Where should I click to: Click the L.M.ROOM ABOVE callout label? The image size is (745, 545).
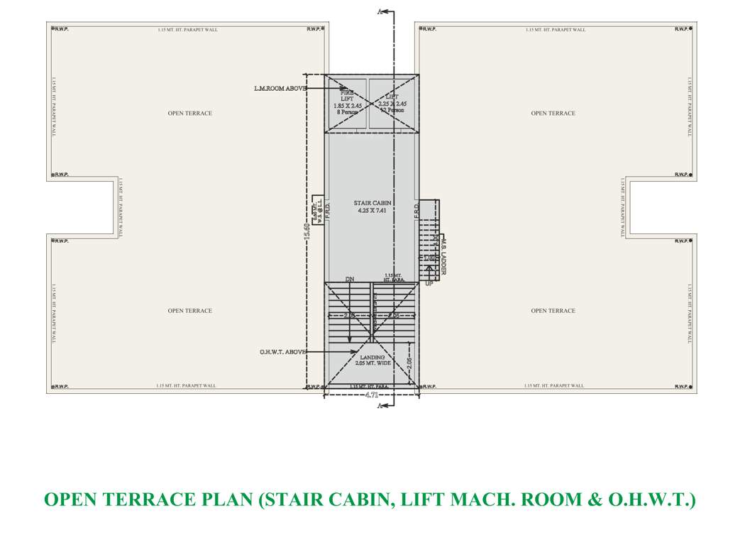coord(280,89)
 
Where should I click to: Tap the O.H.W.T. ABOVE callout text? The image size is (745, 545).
coord(283,352)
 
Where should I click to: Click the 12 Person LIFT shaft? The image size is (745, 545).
coord(392,104)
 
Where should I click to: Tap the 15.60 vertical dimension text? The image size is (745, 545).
coord(307,231)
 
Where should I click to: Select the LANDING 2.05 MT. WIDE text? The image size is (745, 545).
coord(372,360)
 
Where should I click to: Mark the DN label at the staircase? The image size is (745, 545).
coord(349,280)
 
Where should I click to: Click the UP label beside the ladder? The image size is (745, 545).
coord(429,284)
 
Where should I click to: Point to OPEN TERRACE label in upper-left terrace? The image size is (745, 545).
coord(189,114)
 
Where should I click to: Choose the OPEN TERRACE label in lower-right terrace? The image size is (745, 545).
coord(553,311)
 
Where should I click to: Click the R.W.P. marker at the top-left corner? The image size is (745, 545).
coord(60,29)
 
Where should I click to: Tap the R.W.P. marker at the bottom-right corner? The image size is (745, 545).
coord(683,387)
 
